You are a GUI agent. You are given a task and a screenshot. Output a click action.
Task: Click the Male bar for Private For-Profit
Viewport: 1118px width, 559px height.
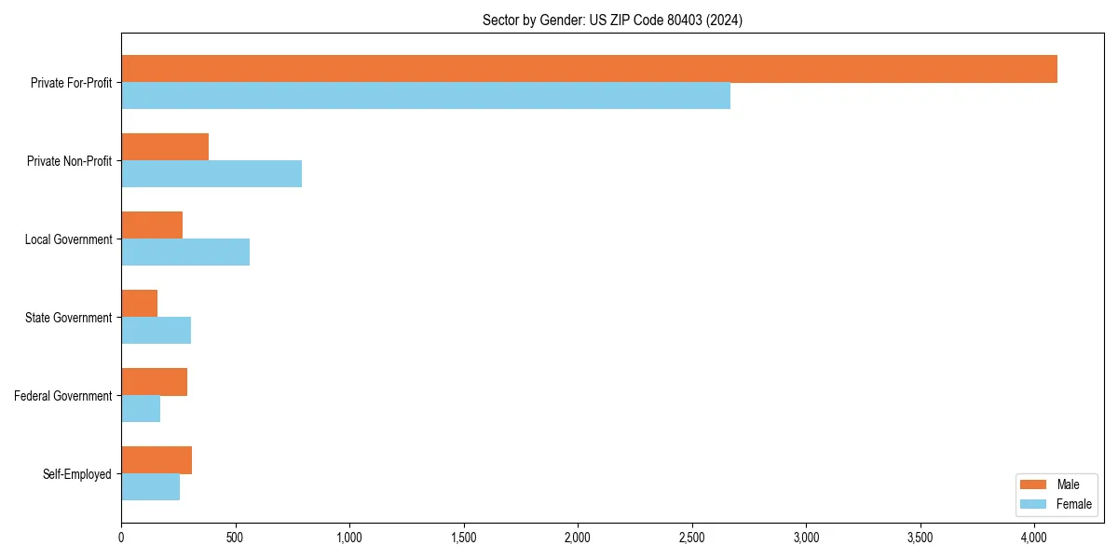(x=589, y=69)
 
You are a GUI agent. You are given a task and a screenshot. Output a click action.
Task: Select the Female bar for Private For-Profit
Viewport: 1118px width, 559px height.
(x=426, y=96)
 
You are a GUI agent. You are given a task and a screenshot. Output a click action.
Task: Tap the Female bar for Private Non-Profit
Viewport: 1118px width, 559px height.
(x=211, y=174)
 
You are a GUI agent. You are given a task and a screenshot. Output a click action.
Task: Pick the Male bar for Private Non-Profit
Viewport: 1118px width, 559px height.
(x=165, y=147)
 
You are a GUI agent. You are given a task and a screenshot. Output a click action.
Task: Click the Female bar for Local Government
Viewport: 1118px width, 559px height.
(x=185, y=252)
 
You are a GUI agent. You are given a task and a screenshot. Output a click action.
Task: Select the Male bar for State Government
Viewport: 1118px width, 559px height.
(x=139, y=304)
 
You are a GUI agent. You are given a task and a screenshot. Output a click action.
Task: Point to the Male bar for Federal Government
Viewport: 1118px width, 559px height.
(x=154, y=382)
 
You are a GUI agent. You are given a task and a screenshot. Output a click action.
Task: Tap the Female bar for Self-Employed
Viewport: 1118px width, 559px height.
(x=150, y=487)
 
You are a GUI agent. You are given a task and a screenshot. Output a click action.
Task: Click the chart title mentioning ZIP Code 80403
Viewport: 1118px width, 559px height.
(x=612, y=20)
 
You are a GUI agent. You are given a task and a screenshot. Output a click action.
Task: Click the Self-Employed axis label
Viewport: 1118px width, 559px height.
(x=77, y=474)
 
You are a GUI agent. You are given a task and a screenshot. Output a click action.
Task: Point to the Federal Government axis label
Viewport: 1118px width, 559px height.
(x=63, y=396)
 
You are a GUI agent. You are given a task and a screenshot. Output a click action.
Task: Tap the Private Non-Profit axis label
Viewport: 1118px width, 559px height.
(x=69, y=161)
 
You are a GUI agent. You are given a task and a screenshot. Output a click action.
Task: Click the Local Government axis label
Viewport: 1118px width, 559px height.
(x=69, y=239)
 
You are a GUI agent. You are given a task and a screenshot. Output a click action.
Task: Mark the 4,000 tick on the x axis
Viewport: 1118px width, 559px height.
(x=1034, y=538)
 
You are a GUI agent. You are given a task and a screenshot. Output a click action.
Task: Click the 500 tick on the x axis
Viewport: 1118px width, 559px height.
(x=236, y=538)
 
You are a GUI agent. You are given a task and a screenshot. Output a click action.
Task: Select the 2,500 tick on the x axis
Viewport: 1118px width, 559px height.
(x=691, y=538)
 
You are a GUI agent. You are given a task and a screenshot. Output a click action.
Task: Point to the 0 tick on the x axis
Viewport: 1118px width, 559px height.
(x=121, y=538)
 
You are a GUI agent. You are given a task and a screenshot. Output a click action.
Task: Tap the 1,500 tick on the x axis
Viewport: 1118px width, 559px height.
(x=463, y=538)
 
